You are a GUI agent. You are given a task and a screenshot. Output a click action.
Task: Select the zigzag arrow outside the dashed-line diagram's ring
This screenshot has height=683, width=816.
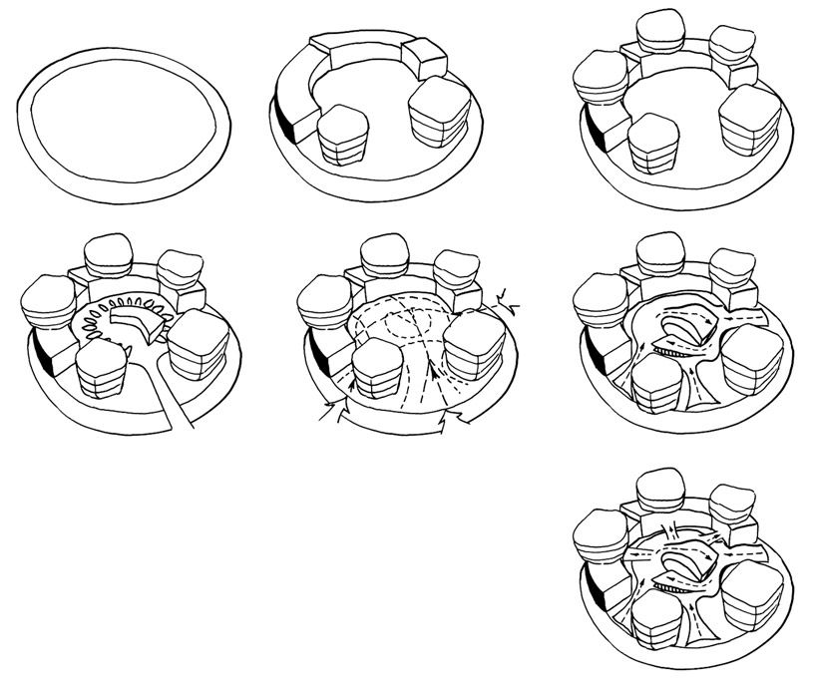508,294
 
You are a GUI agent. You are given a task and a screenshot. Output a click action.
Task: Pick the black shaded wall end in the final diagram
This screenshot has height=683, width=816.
596,593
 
